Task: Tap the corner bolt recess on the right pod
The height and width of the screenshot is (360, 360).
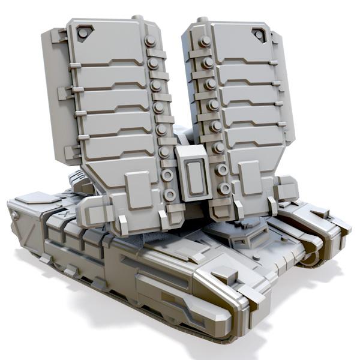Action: pos(259,34)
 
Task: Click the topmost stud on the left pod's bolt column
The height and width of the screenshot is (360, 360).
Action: pos(150,41)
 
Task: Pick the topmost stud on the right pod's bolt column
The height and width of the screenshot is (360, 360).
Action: pos(205,41)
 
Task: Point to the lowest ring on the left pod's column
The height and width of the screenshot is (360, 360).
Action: pos(170,194)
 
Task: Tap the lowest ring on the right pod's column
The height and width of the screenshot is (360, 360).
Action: pos(224,188)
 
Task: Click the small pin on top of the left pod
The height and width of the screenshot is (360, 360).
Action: pos(139,19)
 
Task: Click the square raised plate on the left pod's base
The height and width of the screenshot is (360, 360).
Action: pos(138,189)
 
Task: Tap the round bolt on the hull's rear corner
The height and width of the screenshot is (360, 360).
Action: pos(15,214)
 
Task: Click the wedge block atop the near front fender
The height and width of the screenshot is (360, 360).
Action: pos(226,275)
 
